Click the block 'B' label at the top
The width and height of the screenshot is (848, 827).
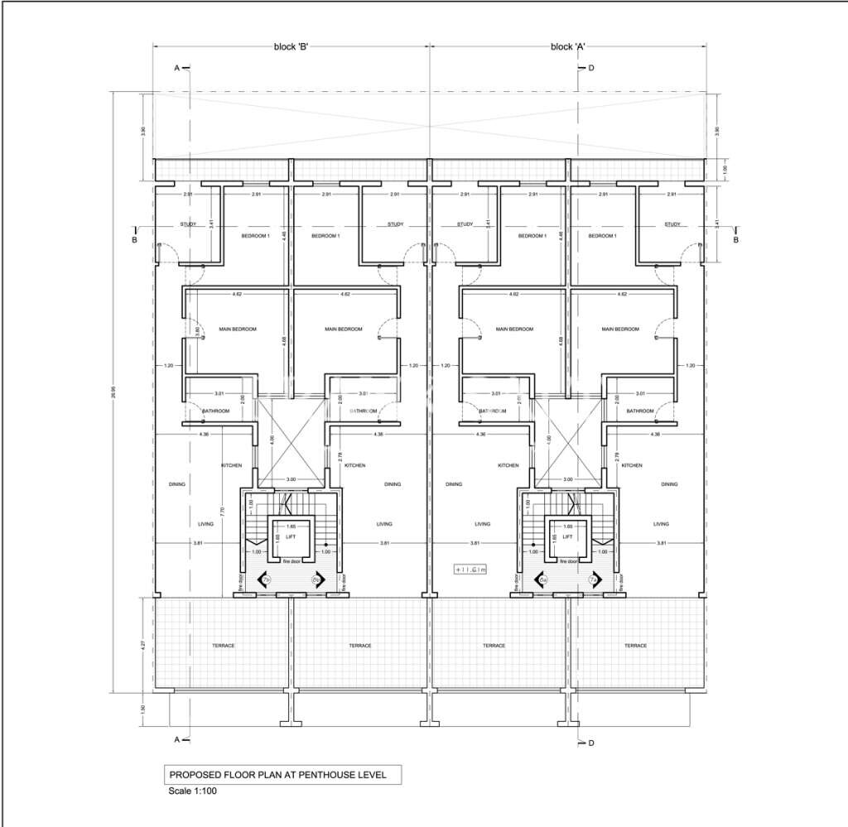[x=291, y=47]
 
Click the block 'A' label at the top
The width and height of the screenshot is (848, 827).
[x=568, y=47]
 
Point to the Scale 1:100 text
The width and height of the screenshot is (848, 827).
[x=193, y=791]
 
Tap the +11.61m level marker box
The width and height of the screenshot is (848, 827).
[x=470, y=570]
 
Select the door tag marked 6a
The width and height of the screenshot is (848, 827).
[x=544, y=581]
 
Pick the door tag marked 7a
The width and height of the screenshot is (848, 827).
[x=592, y=581]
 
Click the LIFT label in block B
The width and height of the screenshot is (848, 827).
[x=291, y=536]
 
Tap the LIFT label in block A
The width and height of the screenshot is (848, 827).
[x=567, y=536]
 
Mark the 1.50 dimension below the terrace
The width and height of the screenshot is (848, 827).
[x=143, y=709]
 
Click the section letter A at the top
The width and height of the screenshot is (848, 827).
[x=176, y=68]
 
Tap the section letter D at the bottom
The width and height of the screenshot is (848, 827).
[x=590, y=743]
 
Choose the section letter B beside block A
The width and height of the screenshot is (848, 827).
[x=735, y=240]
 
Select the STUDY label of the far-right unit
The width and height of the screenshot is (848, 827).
[x=672, y=224]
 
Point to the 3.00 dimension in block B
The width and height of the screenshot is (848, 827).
[x=291, y=479]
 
